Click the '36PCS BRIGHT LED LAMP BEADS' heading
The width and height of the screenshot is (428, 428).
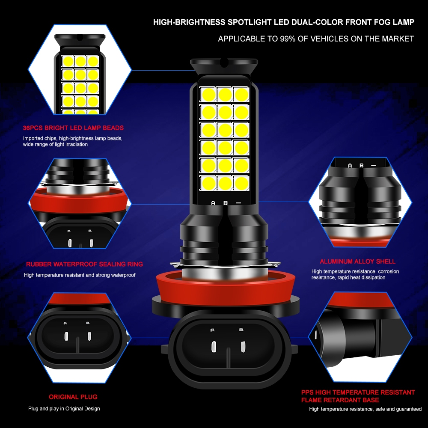point(73,128)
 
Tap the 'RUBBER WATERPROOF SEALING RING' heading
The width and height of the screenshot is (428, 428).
point(84,264)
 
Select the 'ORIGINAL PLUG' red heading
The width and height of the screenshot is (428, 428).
point(73,397)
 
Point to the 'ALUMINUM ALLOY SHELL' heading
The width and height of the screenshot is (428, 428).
point(357,262)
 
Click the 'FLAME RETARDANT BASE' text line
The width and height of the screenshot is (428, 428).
point(340,400)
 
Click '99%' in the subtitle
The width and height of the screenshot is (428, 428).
point(288,39)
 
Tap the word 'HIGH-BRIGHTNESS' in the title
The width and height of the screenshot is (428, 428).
point(190,22)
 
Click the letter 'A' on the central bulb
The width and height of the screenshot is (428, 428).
point(213,203)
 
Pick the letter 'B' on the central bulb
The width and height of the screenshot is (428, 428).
point(226,203)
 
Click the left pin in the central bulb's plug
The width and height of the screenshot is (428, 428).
point(214,346)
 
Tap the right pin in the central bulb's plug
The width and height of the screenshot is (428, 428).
point(243,346)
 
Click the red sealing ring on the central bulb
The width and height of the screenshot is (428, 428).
point(226,289)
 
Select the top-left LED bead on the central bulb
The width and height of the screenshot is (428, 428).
point(208,95)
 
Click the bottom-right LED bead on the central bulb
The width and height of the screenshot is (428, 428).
point(241,183)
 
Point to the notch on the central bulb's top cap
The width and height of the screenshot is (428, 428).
point(224,62)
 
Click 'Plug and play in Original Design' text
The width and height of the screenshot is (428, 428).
point(64,409)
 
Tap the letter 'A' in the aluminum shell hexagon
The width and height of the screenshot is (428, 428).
point(350,166)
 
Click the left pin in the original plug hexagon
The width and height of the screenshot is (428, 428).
point(66,336)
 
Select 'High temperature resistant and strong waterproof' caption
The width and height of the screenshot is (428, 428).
point(80,275)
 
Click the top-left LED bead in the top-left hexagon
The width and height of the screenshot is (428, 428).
point(68,61)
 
